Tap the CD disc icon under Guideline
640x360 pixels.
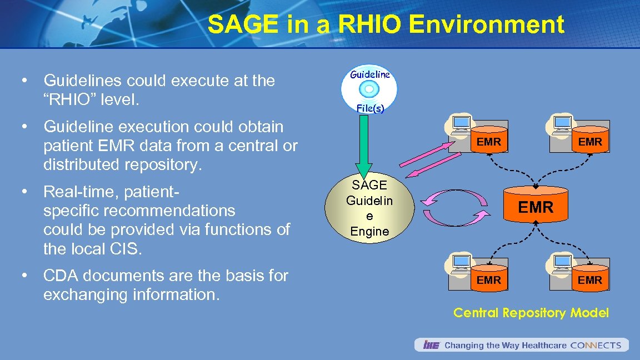369,89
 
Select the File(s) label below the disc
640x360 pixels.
370,108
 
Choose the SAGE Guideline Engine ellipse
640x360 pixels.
370,208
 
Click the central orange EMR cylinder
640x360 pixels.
536,207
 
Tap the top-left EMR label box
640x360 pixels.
489,142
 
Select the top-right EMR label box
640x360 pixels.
589,142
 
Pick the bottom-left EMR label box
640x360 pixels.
489,281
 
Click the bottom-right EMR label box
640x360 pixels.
589,281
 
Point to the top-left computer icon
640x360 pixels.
461,125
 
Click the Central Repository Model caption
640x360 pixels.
531,313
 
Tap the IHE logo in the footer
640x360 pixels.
431,345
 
